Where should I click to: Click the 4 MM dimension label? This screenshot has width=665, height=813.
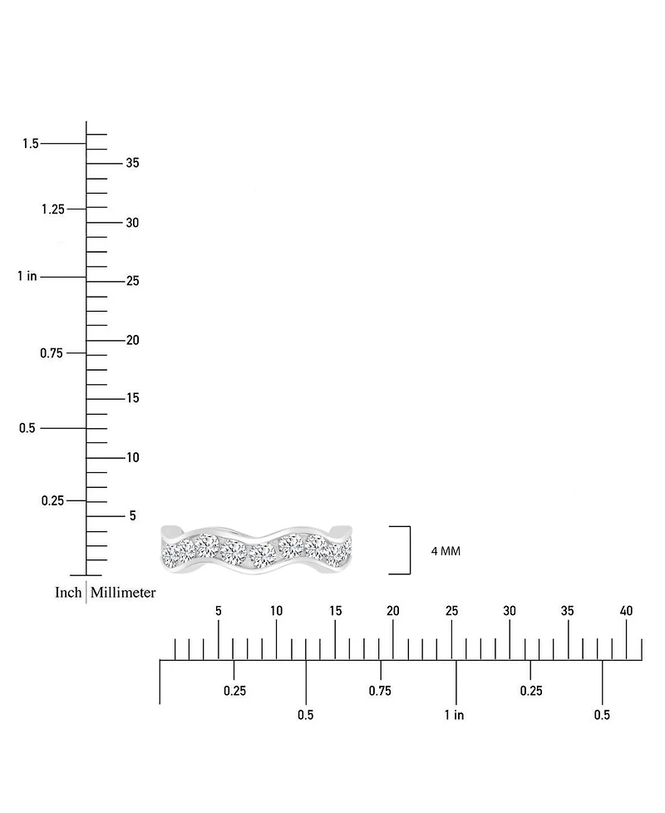[x=446, y=551]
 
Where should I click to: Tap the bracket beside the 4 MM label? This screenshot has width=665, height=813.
[x=410, y=550]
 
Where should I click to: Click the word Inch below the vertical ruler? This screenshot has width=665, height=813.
[x=68, y=593]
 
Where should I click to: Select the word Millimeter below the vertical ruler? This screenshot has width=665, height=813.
[x=123, y=593]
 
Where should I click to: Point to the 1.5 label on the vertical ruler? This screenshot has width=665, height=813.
[x=31, y=143]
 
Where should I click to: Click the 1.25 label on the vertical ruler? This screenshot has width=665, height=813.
[x=53, y=209]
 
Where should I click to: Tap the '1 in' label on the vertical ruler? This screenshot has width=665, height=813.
[x=27, y=276]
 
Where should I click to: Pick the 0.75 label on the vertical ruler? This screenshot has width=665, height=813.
[x=52, y=353]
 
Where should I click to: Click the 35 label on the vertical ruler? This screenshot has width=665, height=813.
[x=133, y=163]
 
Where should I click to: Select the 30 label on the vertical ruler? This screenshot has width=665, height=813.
[x=133, y=223]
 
